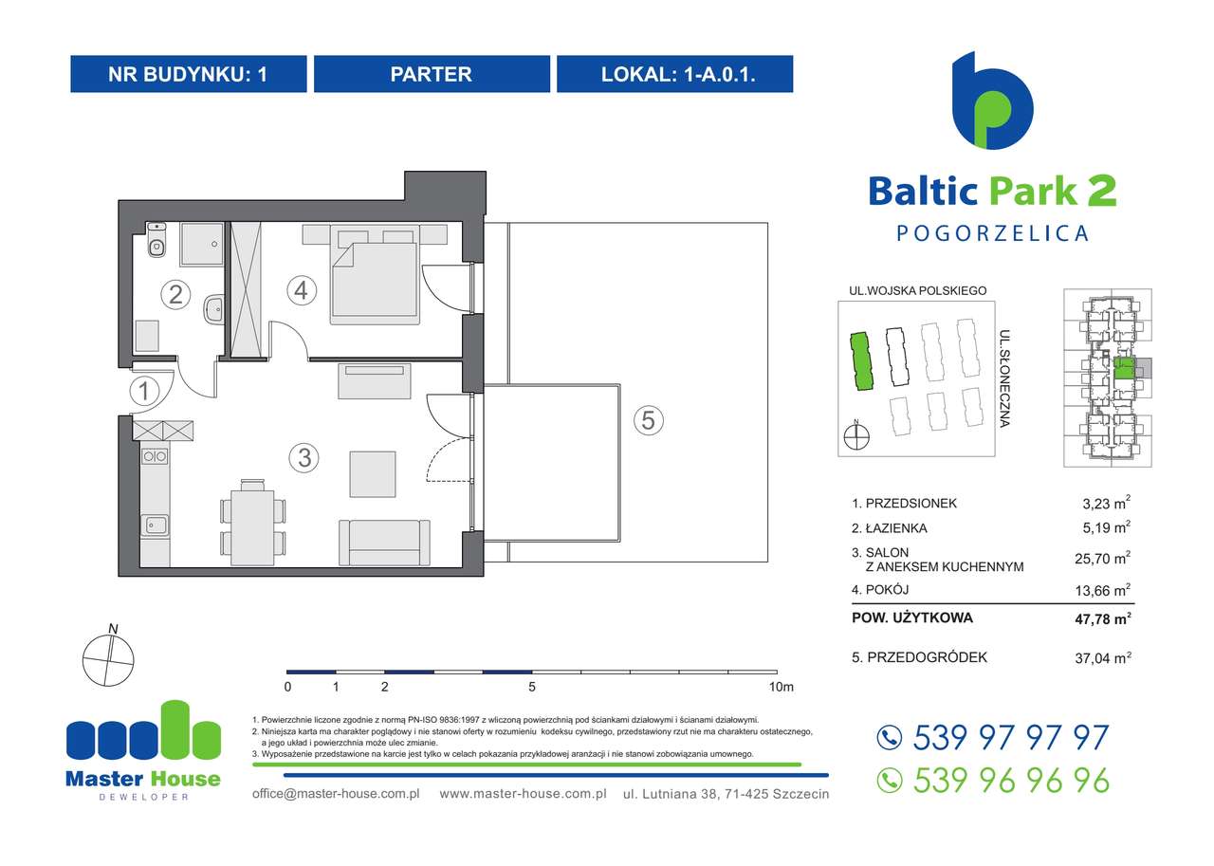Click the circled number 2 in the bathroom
click(175, 294)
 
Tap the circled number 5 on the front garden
click(648, 419)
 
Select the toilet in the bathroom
click(156, 244)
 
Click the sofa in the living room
click(381, 544)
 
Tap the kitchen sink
click(154, 525)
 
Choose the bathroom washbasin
click(213, 306)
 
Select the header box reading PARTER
click(432, 74)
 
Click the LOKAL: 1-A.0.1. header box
click(674, 74)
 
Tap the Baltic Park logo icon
click(992, 101)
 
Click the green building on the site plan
click(859, 361)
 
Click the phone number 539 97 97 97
click(1009, 738)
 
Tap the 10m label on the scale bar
click(782, 686)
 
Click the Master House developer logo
click(143, 749)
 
